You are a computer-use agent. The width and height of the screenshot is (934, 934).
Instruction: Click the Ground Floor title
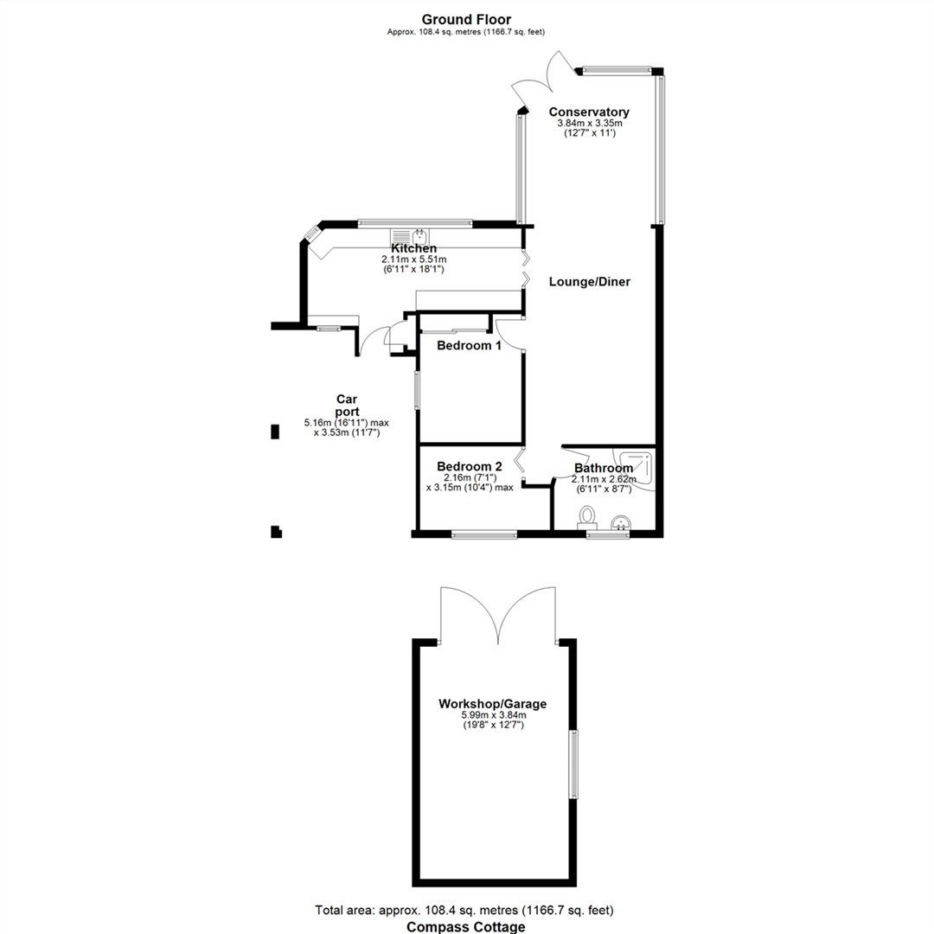466,19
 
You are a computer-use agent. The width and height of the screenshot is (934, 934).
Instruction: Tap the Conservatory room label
589,112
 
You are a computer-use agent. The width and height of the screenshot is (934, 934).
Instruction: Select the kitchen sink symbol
410,237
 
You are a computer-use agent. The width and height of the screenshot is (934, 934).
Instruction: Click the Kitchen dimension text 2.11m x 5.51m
413,259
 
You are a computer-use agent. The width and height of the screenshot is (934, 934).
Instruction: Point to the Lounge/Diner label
590,282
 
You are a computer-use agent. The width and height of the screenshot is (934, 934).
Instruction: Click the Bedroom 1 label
469,346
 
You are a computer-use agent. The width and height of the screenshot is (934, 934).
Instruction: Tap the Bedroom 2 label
469,464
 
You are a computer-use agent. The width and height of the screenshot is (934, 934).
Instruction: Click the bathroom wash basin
621,521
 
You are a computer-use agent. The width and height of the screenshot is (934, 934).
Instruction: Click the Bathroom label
603,469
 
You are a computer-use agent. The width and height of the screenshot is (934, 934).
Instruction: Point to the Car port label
347,406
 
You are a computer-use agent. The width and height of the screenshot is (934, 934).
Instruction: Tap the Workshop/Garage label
492,704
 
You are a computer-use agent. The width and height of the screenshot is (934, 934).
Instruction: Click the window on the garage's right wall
573,764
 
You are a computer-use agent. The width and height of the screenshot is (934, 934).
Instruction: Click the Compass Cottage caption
466,926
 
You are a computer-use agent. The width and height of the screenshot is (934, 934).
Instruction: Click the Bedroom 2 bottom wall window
484,535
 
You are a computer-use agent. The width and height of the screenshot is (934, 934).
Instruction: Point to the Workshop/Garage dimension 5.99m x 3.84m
492,715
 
